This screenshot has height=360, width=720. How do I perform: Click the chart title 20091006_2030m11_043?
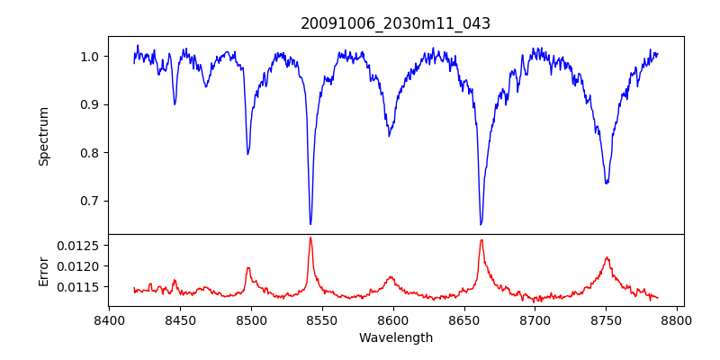[x=395, y=23]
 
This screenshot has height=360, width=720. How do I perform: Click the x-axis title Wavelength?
[x=395, y=338]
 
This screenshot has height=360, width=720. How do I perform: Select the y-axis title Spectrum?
[x=43, y=136]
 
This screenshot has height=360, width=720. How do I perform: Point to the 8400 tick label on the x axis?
[x=109, y=319]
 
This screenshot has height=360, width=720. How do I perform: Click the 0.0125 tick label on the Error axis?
[x=79, y=246]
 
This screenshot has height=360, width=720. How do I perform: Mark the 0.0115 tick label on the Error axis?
[x=79, y=287]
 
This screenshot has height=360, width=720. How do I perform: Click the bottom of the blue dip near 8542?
[x=310, y=224]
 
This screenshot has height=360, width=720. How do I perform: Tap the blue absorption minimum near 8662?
[x=481, y=224]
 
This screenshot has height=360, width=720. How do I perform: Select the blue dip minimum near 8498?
[x=247, y=154]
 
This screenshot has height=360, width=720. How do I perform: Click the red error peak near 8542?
[x=310, y=238]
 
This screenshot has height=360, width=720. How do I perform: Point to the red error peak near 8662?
[x=481, y=239]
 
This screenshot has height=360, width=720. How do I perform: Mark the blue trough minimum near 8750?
[x=607, y=183]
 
